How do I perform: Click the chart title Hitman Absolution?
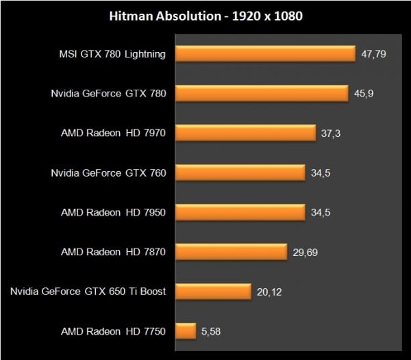point(205,15)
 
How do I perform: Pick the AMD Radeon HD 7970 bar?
point(245,133)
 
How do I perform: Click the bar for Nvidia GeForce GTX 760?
point(240,172)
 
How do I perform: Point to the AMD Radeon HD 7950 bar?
point(240,212)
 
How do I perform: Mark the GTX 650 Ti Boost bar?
point(213,292)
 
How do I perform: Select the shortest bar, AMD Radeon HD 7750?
point(186,331)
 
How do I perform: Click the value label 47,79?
point(374,53)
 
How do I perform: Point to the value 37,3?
point(331,133)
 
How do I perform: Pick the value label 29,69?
point(306,252)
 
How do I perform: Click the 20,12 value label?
point(270,292)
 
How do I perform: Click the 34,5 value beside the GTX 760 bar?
point(321,172)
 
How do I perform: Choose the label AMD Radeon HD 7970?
point(114,133)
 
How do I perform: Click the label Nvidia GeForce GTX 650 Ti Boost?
point(88,292)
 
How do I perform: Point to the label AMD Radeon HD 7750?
point(114,331)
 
